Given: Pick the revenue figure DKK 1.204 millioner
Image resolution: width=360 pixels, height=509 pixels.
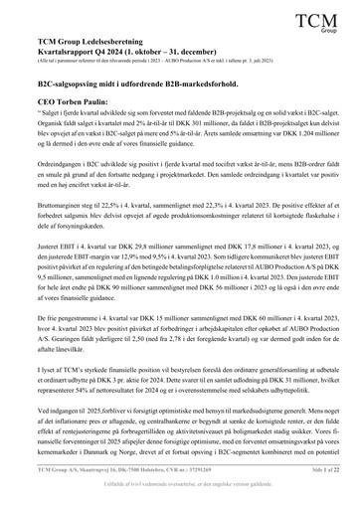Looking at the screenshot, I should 307,137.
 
